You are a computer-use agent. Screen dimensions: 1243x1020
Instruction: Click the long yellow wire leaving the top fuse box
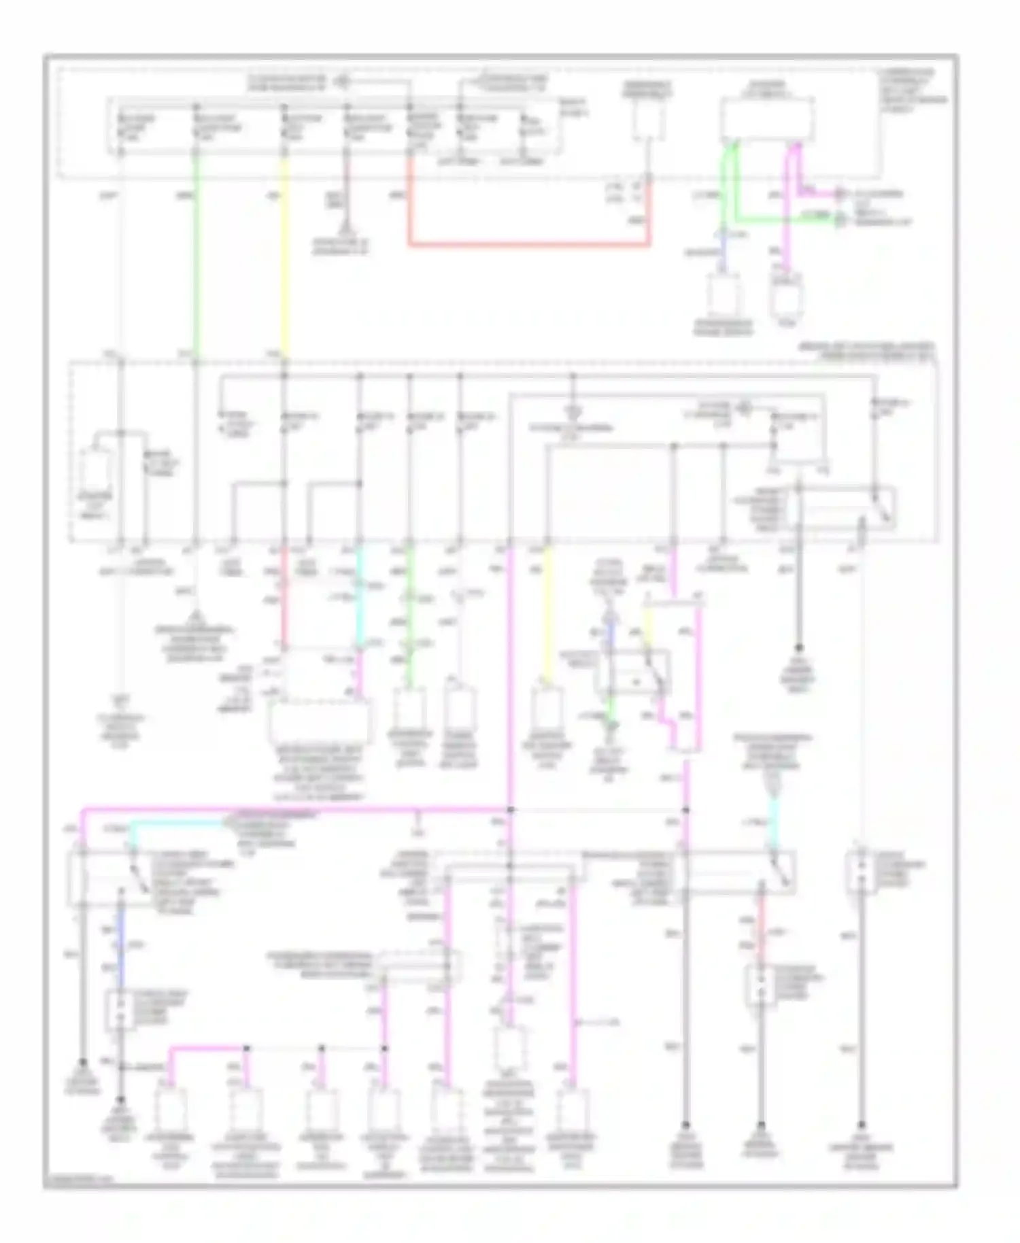284,258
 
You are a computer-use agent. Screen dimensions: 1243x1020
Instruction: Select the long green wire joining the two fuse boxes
196,258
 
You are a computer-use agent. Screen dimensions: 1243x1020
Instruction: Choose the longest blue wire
121,945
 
